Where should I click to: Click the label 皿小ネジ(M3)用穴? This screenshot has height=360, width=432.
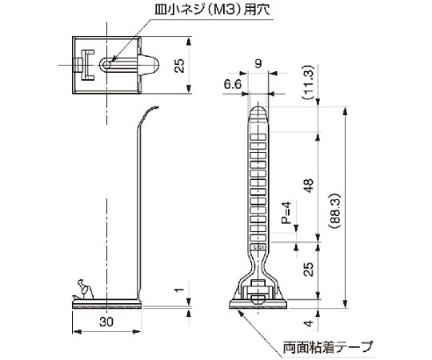(x=212, y=10)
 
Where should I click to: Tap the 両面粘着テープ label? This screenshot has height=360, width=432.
(x=328, y=346)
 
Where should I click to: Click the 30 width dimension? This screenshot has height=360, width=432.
(x=106, y=322)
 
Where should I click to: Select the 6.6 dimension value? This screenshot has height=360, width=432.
(x=233, y=84)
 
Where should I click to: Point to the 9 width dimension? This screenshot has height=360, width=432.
(x=258, y=64)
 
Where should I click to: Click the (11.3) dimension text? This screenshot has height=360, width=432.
(x=308, y=82)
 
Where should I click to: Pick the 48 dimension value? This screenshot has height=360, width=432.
(x=309, y=186)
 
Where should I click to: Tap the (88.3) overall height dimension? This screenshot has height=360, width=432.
(x=335, y=211)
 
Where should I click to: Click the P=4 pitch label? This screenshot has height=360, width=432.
(x=286, y=212)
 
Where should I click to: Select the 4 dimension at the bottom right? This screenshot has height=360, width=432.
(x=309, y=323)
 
